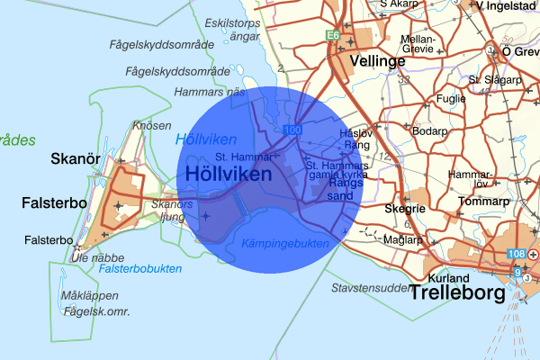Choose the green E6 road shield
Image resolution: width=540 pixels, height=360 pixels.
[332, 35]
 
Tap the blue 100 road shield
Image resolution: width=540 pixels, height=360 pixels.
[292, 131]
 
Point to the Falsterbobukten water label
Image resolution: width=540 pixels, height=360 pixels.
[139, 268]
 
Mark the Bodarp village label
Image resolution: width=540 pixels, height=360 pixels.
[428, 131]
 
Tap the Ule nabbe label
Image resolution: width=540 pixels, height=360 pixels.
[76, 256]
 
